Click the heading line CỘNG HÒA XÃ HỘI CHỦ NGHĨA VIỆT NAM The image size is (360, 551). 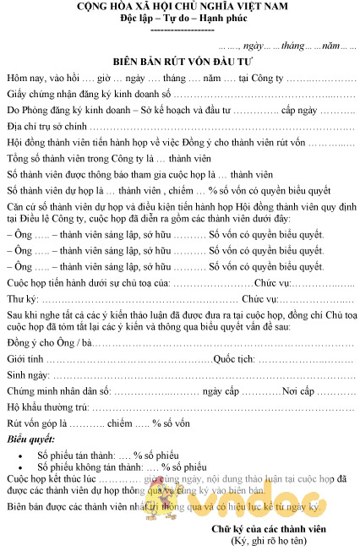pos(181,7)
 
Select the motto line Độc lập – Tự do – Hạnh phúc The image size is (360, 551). pos(180,19)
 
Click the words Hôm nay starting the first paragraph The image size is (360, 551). pos(24,78)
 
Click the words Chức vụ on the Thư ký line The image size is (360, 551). pos(259,299)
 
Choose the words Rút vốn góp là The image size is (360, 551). pos(36,423)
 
